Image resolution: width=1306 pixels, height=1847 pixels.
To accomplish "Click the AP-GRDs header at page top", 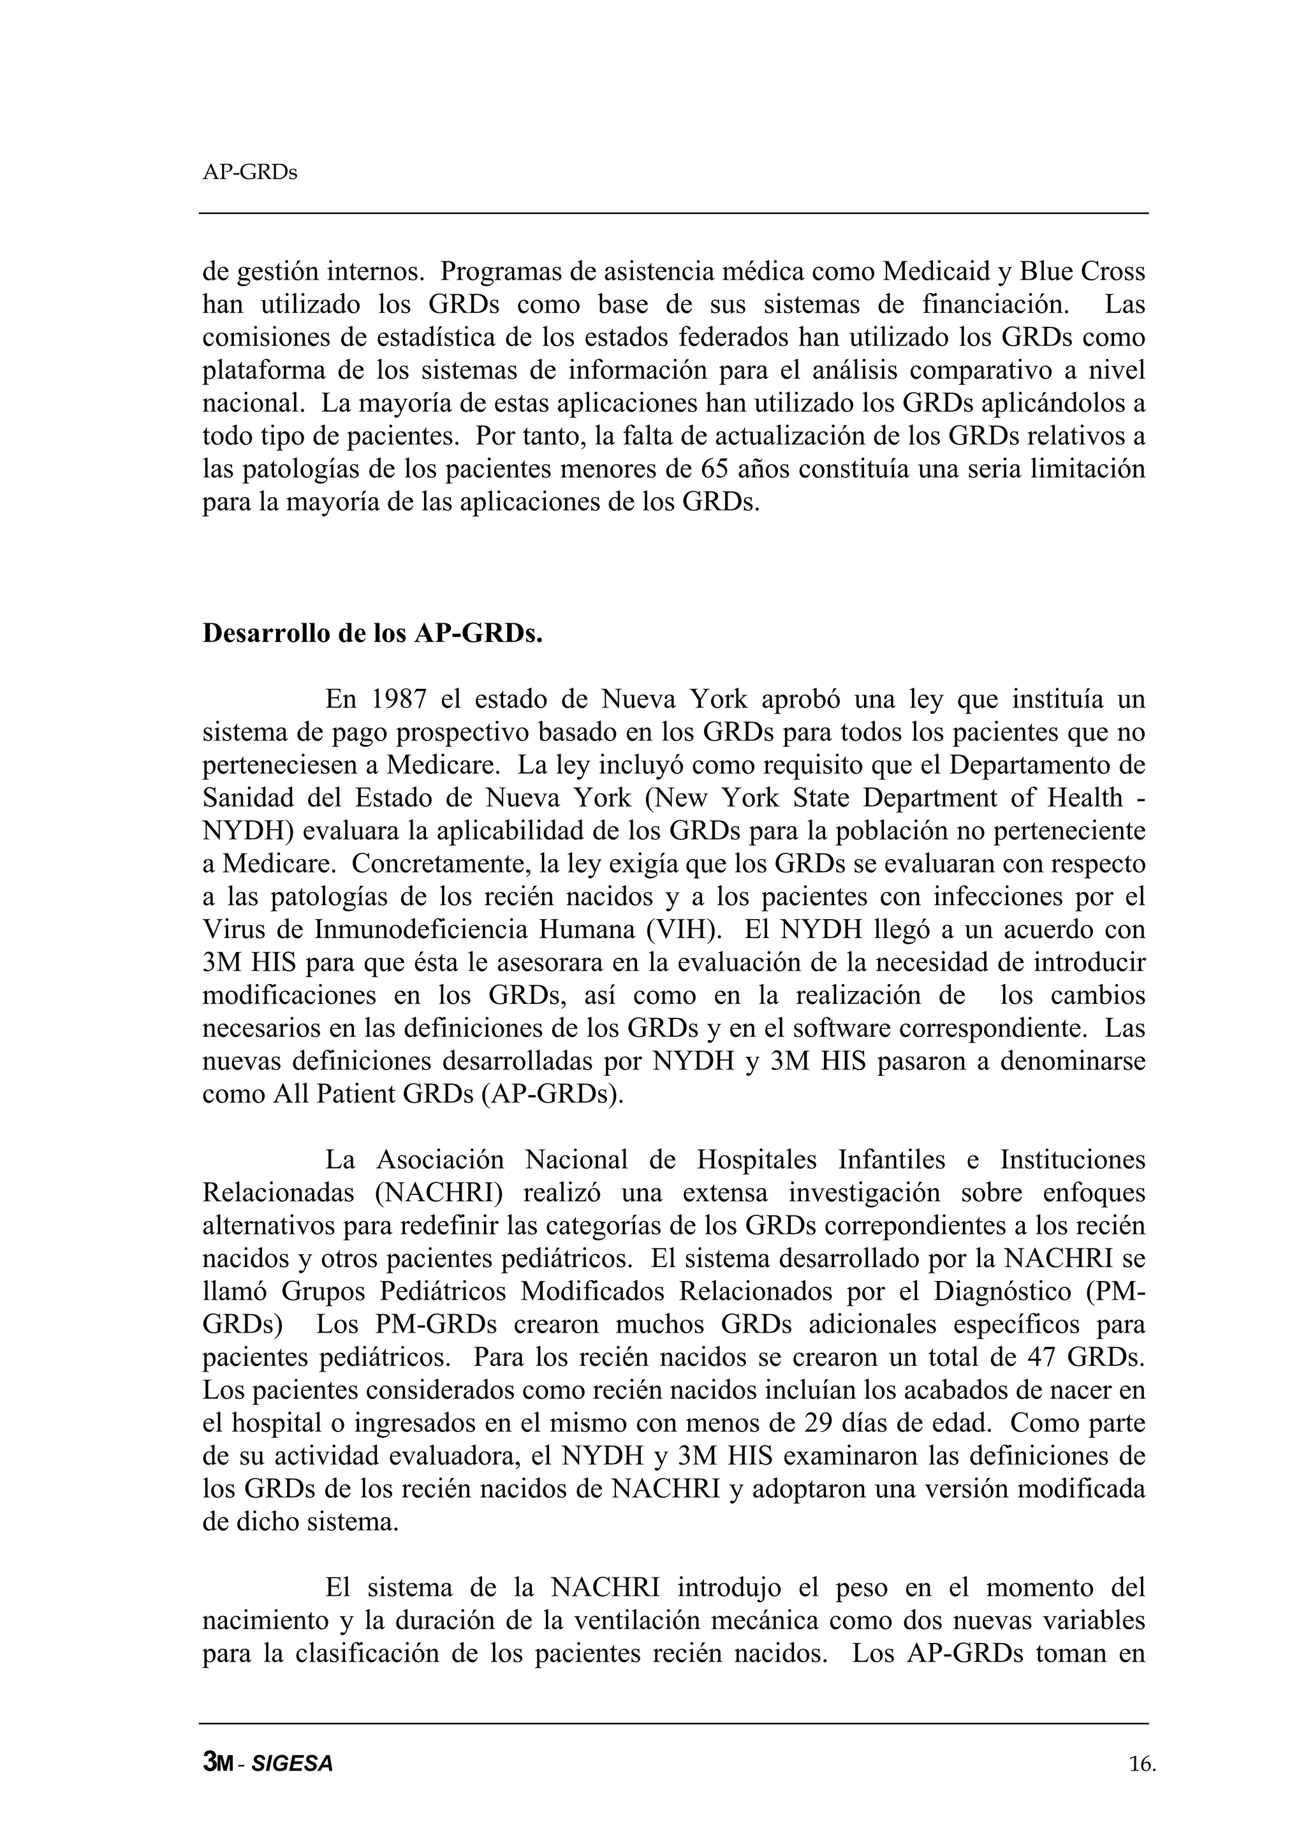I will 249,173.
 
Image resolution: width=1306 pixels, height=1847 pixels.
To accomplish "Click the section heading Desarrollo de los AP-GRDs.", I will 372,633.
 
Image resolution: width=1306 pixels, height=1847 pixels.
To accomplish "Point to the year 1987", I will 399,699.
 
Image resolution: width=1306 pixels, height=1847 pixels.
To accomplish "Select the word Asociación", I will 440,1159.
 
